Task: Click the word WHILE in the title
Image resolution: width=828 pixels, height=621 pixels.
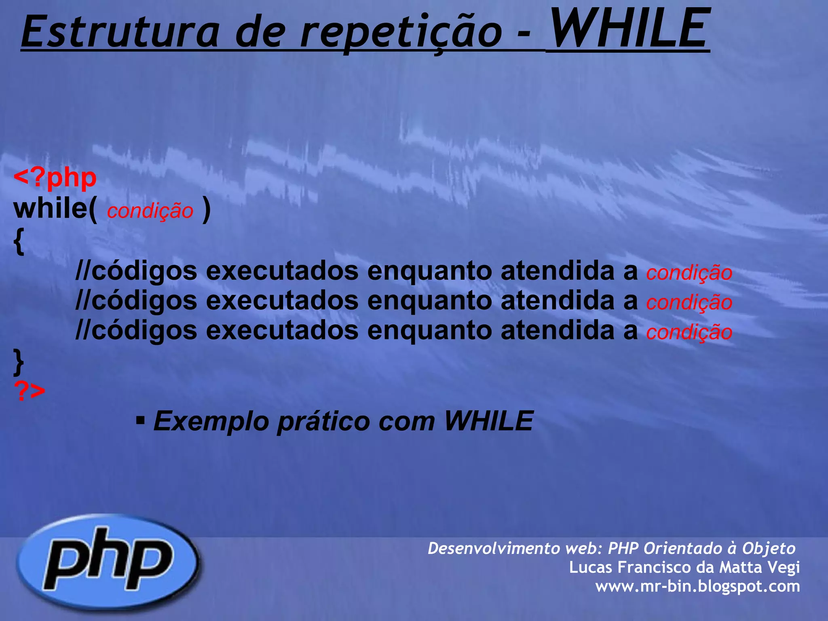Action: [x=629, y=29]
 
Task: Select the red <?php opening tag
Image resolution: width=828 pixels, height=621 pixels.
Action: [x=55, y=178]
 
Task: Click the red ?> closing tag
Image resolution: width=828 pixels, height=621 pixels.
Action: [x=30, y=391]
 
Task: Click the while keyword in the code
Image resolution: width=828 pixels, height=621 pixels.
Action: [x=51, y=209]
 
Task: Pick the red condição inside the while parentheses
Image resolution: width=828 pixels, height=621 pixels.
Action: [x=150, y=211]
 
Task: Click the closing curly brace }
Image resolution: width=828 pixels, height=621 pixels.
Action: [x=19, y=361]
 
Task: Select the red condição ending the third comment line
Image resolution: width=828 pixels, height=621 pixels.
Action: [x=689, y=332]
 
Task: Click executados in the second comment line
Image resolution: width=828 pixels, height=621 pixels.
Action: [x=282, y=301]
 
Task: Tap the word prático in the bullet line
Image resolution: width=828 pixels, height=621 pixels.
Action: [x=324, y=421]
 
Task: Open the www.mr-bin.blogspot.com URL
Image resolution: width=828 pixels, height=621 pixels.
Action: [x=697, y=586]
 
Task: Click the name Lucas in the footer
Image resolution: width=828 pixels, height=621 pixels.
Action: [x=590, y=567]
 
